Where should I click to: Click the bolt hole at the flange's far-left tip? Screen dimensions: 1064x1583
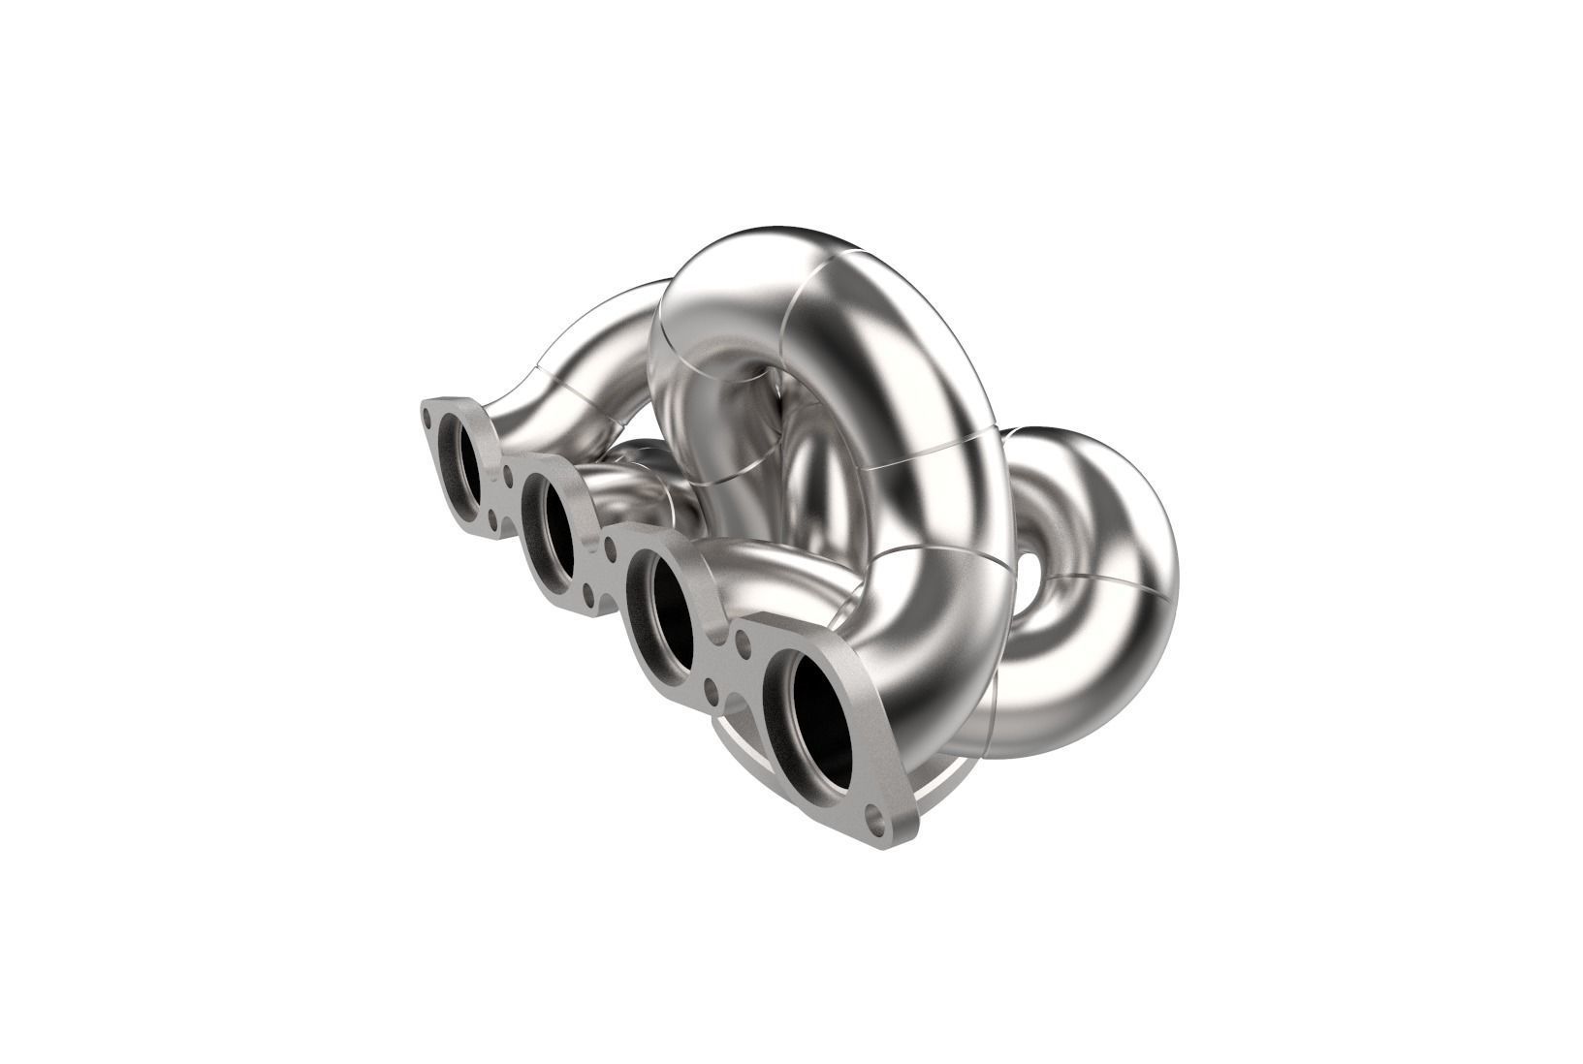click(427, 418)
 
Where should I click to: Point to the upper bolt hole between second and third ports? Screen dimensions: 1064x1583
click(610, 549)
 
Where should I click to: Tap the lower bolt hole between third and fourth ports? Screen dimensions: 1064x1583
click(712, 691)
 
